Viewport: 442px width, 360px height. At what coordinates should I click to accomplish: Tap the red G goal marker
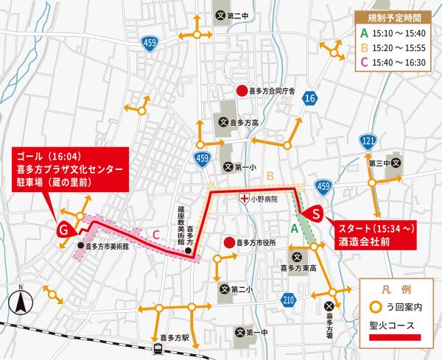click(x=64, y=230)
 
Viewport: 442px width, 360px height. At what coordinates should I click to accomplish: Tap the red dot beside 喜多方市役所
click(x=229, y=241)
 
